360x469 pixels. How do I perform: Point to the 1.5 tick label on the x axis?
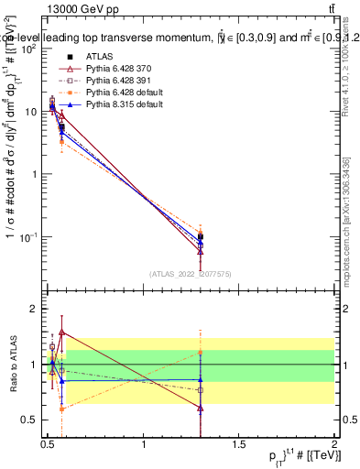coord(239,443)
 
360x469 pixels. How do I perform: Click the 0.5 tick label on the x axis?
coord(48,443)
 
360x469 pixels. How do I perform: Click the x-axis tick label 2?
coord(333,443)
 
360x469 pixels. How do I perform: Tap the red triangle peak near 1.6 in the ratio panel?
coord(61,332)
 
